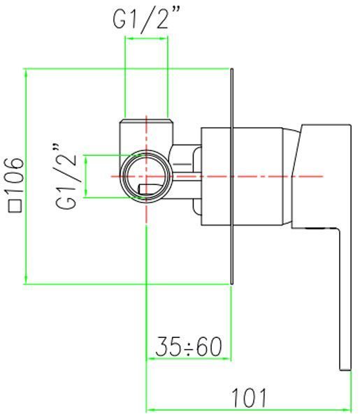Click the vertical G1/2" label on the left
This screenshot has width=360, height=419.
[66, 176]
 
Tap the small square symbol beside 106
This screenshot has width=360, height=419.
[15, 206]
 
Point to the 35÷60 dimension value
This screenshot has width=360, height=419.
[189, 346]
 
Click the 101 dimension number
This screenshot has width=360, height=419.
[249, 398]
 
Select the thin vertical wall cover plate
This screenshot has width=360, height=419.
[232, 177]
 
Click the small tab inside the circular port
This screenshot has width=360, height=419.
[149, 189]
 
